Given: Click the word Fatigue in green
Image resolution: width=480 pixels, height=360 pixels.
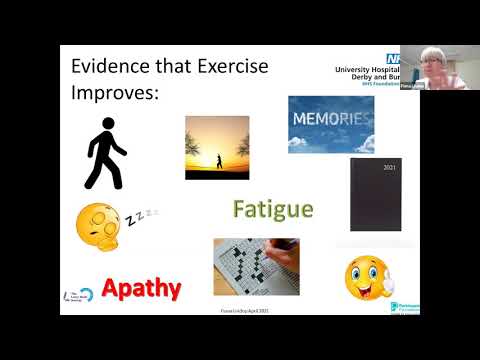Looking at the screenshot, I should click(x=273, y=210).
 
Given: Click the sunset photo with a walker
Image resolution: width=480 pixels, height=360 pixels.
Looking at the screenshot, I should click(x=217, y=147).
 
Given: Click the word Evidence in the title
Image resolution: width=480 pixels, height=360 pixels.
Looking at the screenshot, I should click(x=110, y=66).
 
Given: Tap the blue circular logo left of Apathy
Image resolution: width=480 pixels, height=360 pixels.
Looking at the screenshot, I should click(x=85, y=292).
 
